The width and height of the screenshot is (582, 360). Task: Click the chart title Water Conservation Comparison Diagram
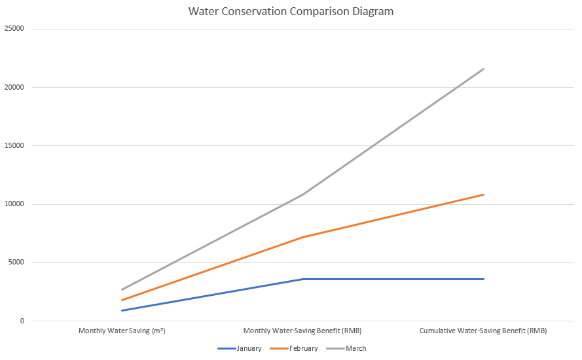click(291, 12)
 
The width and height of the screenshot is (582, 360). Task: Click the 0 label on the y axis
click(22, 321)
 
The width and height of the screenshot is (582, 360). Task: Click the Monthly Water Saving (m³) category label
click(122, 331)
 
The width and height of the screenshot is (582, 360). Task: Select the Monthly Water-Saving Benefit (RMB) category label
click(302, 331)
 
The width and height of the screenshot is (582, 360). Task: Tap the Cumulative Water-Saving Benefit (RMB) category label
click(483, 331)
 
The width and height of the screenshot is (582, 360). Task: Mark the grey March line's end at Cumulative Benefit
click(484, 69)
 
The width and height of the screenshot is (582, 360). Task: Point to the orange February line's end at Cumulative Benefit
click(484, 194)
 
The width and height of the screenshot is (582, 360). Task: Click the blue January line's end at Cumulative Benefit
click(484, 279)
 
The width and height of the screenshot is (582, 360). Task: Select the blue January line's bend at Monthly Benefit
click(302, 279)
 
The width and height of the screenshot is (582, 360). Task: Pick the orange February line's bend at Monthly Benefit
click(302, 237)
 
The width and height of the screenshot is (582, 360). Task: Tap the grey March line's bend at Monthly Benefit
click(302, 194)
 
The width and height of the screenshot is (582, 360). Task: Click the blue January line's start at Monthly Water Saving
click(122, 310)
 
